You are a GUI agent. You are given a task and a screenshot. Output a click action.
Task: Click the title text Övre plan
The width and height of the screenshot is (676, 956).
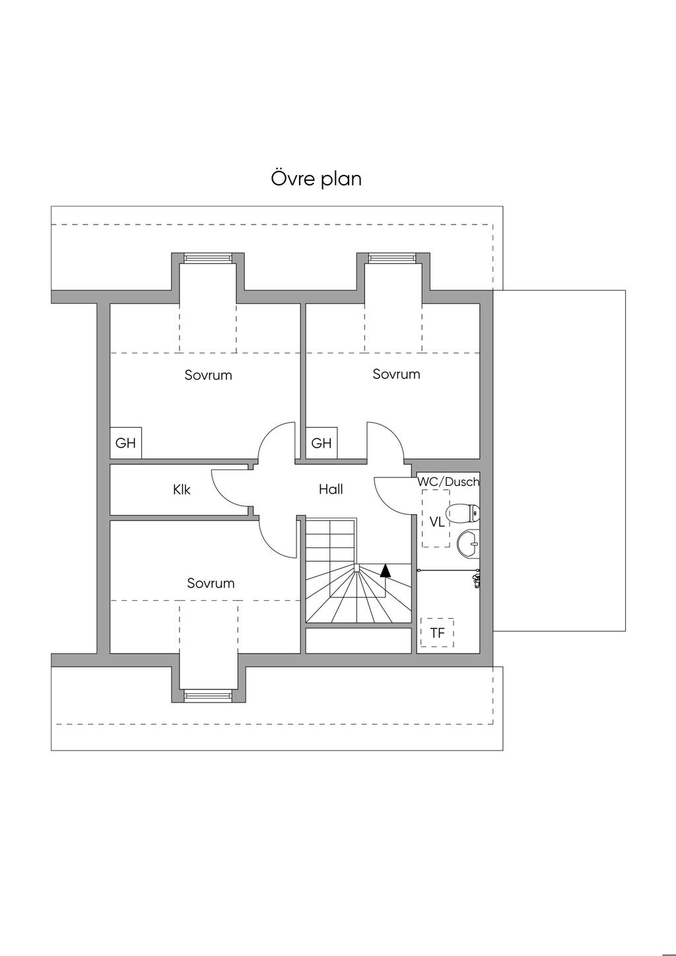click(316, 179)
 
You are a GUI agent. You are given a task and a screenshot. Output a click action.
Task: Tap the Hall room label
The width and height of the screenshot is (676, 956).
click(331, 489)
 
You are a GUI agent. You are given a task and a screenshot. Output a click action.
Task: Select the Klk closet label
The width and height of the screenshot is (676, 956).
click(182, 490)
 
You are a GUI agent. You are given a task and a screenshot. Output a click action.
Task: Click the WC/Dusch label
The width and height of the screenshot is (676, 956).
click(448, 482)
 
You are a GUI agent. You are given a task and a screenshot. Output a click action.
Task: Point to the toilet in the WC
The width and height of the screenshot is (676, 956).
click(463, 513)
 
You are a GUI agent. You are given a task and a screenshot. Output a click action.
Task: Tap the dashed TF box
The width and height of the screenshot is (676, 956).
click(437, 633)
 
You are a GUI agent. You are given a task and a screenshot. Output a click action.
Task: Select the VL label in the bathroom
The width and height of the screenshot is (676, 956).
click(437, 522)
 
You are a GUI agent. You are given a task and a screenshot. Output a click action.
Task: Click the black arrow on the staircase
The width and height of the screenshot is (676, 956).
click(386, 570)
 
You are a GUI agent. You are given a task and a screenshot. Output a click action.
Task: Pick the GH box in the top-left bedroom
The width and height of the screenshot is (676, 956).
click(125, 443)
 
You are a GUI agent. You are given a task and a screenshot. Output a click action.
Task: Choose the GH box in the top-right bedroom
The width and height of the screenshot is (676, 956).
click(321, 443)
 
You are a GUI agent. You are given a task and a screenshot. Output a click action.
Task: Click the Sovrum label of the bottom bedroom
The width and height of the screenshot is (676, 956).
click(211, 583)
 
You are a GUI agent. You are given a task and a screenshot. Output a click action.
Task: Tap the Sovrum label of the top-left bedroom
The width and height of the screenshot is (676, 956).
click(208, 375)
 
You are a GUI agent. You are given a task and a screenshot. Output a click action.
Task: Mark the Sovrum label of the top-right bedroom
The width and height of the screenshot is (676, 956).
click(396, 374)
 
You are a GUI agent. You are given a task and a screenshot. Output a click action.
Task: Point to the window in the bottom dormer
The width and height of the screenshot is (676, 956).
click(208, 695)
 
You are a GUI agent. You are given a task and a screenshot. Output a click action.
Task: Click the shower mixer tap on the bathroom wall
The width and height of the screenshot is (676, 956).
click(477, 580)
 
